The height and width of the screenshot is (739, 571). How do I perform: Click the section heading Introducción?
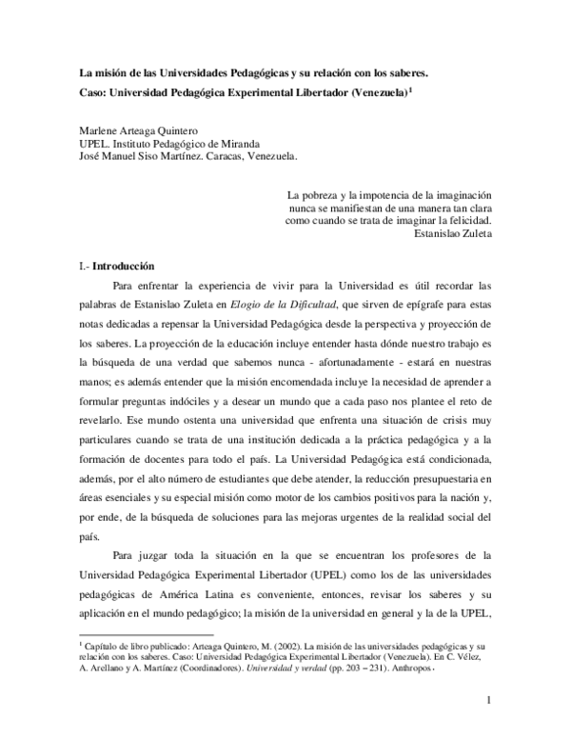(x=120, y=266)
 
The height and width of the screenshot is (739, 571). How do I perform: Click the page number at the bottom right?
(x=487, y=705)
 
